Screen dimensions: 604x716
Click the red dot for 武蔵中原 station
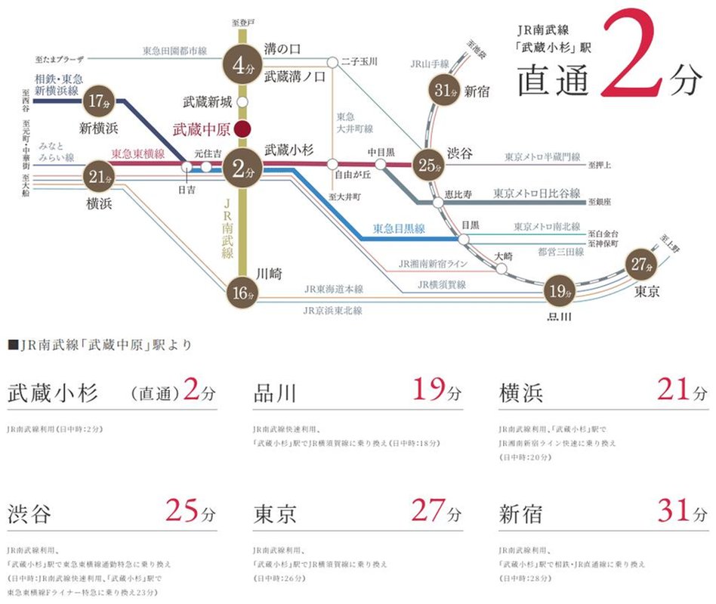[x=242, y=128]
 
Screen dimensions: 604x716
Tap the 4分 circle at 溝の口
[x=242, y=65]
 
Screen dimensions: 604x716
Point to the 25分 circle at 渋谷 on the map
[x=428, y=163]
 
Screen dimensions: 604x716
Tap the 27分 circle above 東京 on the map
[x=642, y=265]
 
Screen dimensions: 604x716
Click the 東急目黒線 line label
[x=400, y=228]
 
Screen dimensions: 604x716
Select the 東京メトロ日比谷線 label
[x=536, y=193]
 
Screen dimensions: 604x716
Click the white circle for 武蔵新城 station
[x=242, y=101]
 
